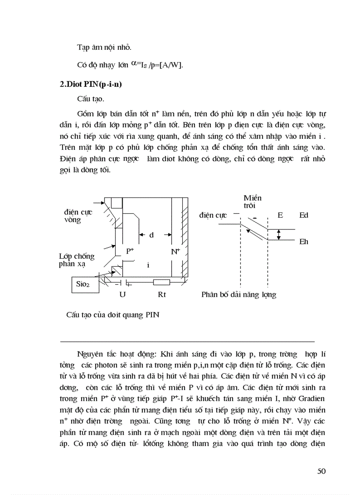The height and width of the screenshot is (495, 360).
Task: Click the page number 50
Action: tap(321, 471)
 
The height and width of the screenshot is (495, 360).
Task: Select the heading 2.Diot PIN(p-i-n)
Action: tap(90, 85)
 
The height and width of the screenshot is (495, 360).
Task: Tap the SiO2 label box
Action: tap(83, 284)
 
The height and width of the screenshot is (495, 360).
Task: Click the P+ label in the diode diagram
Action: tap(130, 251)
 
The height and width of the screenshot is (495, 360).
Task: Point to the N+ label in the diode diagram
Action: tap(176, 251)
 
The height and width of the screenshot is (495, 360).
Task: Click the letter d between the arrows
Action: tap(151, 235)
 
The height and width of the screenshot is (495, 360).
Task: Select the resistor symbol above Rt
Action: tap(161, 283)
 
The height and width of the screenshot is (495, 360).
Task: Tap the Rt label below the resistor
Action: tap(162, 294)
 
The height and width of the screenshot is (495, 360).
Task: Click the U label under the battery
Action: tap(122, 294)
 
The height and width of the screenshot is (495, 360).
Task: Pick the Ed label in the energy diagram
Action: tap(304, 215)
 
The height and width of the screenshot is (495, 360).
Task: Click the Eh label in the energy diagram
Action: tap(304, 242)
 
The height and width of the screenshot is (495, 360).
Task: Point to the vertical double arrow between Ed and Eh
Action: tap(278, 235)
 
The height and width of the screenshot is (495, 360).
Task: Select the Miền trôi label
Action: tap(252, 202)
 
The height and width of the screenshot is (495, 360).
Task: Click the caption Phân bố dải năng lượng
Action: tap(239, 294)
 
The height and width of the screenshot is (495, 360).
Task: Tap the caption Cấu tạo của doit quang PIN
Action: tap(112, 315)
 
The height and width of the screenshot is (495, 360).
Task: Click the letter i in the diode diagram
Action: tap(148, 265)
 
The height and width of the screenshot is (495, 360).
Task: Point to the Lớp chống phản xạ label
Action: tap(76, 260)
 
